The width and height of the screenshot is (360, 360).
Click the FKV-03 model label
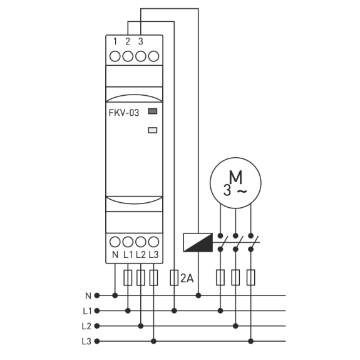[x=124, y=113]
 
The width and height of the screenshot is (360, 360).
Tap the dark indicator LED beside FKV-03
[x=153, y=111]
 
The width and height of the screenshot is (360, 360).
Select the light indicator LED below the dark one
[x=153, y=130]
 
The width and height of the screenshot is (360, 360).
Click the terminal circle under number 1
[x=115, y=56]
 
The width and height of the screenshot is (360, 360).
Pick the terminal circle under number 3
[x=141, y=56]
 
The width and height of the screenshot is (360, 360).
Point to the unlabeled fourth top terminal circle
[x=153, y=56]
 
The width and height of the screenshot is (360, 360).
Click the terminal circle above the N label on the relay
[x=115, y=242]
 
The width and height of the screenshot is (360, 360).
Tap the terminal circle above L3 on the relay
[x=153, y=242]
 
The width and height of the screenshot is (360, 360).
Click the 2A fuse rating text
[x=187, y=279]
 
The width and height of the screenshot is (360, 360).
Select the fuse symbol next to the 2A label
[x=174, y=278]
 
